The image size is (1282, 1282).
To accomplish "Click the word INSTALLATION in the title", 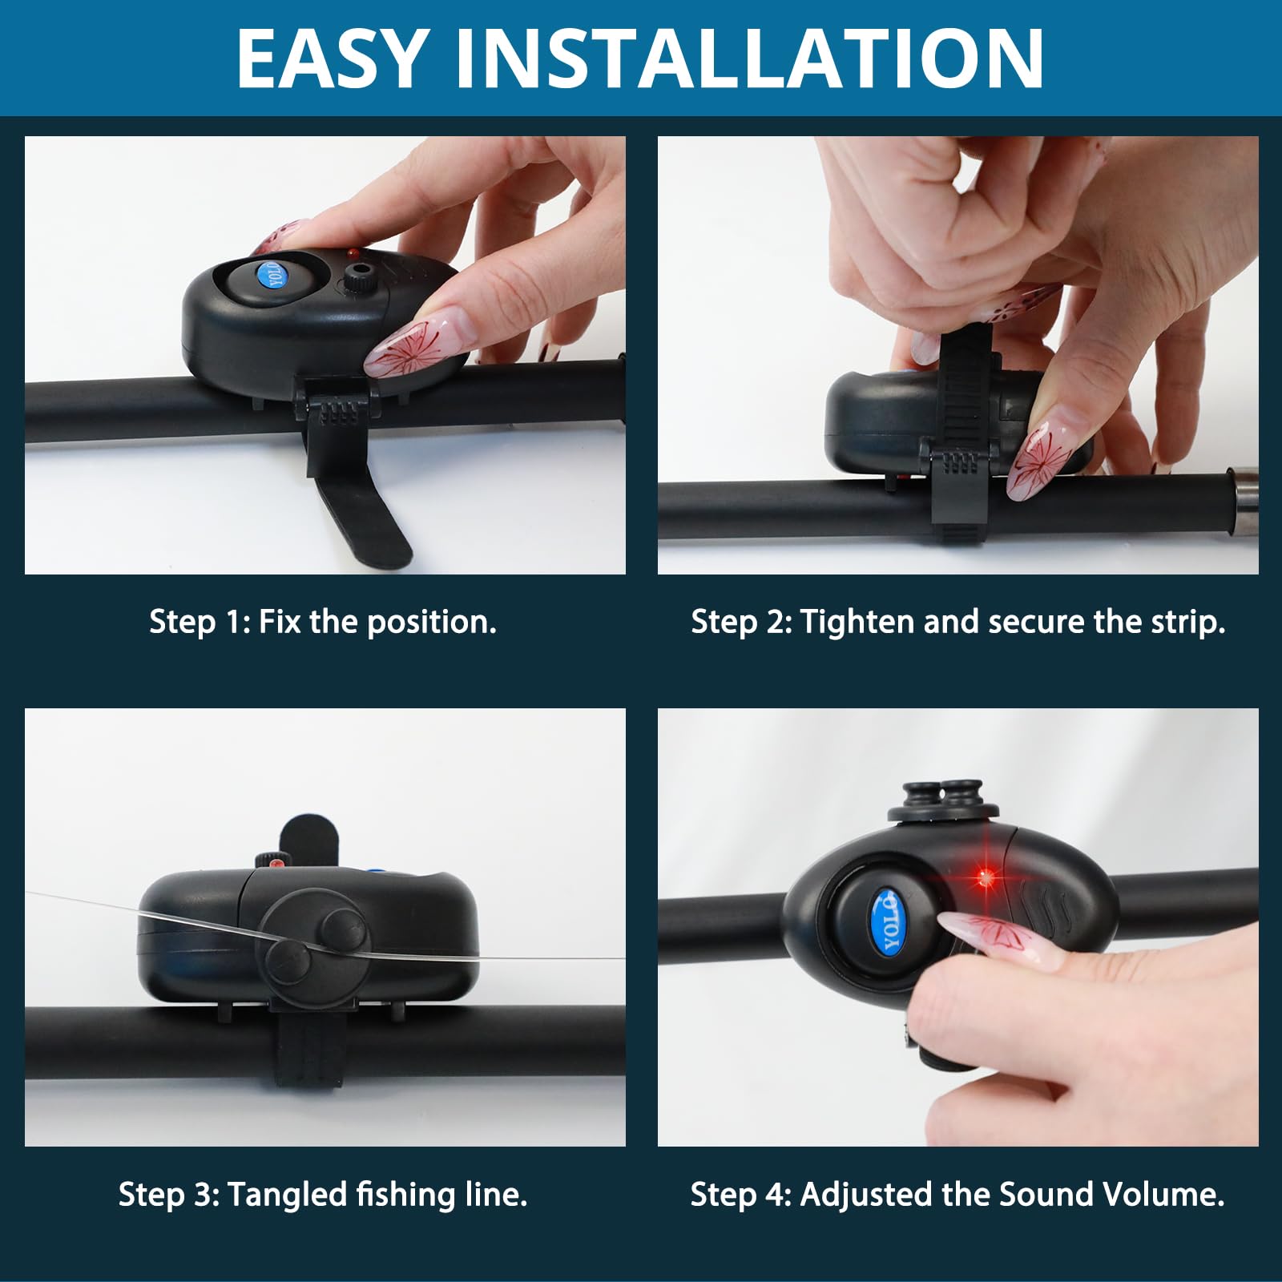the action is (750, 58).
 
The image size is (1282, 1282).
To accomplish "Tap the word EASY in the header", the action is (330, 58).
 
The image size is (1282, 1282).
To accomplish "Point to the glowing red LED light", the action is (986, 879).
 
